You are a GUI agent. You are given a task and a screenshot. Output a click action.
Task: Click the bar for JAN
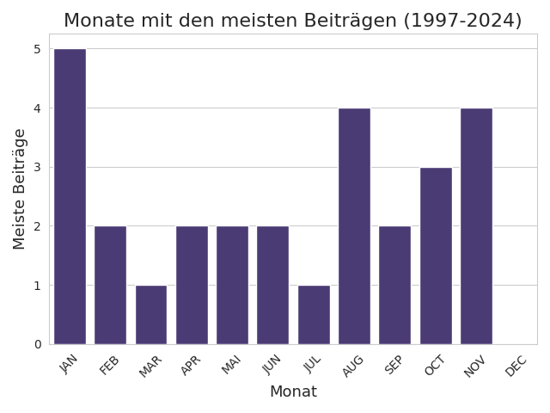[x=70, y=196]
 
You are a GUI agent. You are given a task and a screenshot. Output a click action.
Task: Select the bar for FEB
[x=110, y=285]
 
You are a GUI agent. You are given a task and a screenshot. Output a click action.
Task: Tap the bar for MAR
[x=151, y=314]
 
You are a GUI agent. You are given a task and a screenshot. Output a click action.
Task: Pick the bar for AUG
[x=354, y=225]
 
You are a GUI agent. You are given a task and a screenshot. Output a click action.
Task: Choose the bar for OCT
[x=436, y=256]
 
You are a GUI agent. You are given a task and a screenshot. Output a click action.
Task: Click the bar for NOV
[x=476, y=225]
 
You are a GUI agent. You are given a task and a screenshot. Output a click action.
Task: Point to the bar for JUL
[x=314, y=314]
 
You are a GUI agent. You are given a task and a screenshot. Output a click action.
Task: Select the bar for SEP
[x=394, y=285]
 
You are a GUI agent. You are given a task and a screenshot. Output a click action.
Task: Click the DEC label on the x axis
[x=516, y=366]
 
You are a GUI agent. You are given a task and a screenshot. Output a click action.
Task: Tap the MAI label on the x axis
[x=232, y=366]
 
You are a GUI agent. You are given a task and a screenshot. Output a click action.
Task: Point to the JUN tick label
[x=272, y=366]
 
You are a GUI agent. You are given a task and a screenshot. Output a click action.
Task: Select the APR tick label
[x=191, y=366]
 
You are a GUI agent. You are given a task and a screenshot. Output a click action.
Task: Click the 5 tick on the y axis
[x=37, y=49]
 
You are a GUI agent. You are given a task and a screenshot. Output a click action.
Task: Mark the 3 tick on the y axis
[x=37, y=168]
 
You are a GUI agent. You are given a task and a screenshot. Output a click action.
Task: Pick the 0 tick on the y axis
[x=37, y=344]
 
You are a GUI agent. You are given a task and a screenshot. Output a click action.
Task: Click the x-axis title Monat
[x=293, y=392]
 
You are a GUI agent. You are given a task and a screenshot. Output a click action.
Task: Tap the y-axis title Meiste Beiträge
[x=20, y=188]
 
